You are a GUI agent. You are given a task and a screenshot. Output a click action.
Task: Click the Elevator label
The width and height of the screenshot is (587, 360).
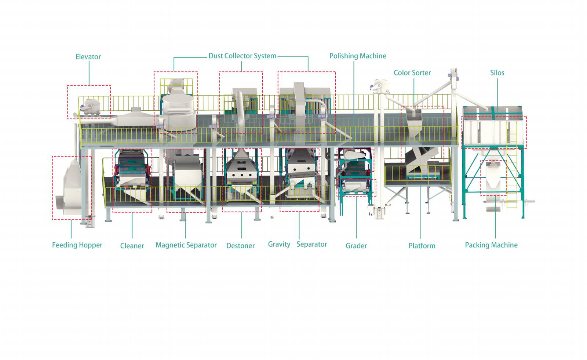pyautogui.click(x=88, y=57)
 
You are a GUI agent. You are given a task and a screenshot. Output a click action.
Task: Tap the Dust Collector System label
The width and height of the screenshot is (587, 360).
pyautogui.click(x=242, y=56)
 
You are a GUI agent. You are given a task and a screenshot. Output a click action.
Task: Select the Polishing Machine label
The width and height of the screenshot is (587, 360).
pyautogui.click(x=358, y=56)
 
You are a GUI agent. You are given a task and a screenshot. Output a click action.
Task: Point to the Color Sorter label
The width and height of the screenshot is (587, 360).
pyautogui.click(x=412, y=73)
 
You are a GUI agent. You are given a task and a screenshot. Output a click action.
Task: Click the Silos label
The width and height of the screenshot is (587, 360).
pyautogui.click(x=497, y=73)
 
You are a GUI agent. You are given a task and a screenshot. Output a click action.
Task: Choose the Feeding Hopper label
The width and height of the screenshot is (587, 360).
pyautogui.click(x=77, y=245)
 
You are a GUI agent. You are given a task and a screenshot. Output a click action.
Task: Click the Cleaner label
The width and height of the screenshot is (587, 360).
pyautogui.click(x=132, y=246)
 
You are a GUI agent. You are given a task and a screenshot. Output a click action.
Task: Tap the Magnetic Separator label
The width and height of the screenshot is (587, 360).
pyautogui.click(x=186, y=245)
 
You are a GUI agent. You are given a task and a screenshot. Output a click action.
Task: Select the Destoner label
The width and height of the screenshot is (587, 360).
pyautogui.click(x=240, y=246)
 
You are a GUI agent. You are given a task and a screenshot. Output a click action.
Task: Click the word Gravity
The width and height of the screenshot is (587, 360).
pyautogui.click(x=279, y=245)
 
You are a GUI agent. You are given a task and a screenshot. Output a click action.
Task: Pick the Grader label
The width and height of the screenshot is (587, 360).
pyautogui.click(x=356, y=246)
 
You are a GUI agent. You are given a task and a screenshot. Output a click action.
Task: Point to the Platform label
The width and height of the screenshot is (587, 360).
pyautogui.click(x=422, y=246)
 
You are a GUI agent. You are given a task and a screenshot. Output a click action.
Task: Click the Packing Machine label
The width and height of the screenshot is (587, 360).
pyautogui.click(x=491, y=245)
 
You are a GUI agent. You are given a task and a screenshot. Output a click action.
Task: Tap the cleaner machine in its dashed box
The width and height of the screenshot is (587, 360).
pyautogui.click(x=132, y=176)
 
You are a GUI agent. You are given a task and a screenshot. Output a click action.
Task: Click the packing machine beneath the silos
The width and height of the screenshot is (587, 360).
pyautogui.click(x=493, y=178)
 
